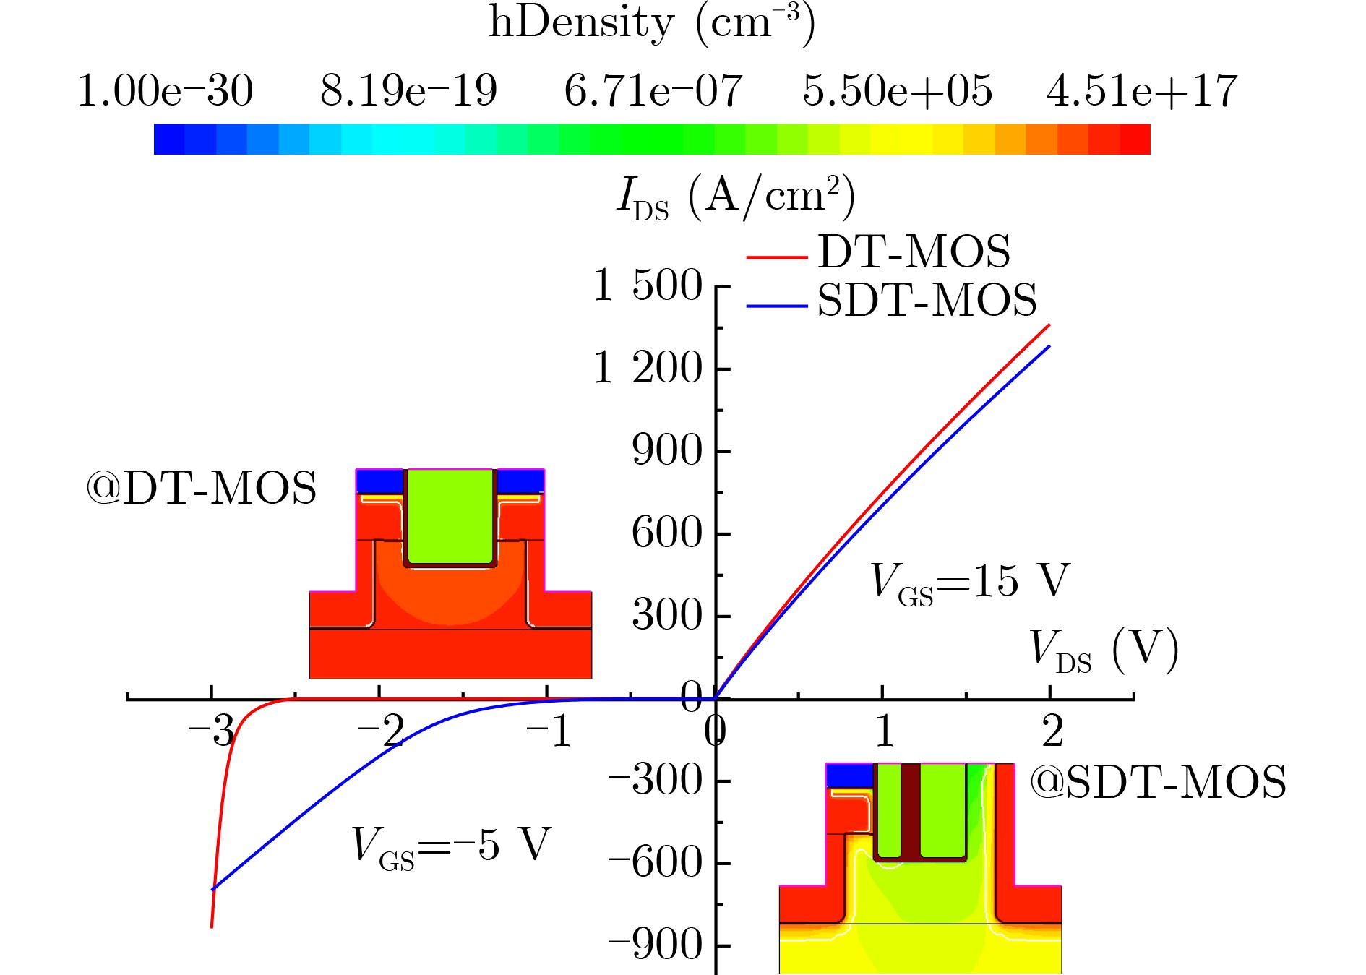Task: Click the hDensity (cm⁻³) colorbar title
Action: [652, 23]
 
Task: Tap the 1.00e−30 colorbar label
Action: [165, 91]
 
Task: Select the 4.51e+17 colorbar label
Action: [1142, 91]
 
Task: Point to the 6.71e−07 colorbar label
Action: [653, 91]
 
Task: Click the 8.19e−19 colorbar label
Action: [408, 91]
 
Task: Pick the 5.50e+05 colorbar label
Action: [897, 91]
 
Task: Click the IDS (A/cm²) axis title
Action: [735, 197]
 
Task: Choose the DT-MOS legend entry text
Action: [914, 252]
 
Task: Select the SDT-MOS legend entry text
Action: [927, 300]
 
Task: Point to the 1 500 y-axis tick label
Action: [647, 285]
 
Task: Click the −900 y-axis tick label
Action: [655, 945]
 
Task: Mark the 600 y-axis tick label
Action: [667, 533]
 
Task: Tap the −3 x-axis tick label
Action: [211, 731]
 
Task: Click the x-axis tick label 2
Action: [1052, 731]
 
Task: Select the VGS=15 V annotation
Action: [969, 581]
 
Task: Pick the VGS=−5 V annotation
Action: [451, 845]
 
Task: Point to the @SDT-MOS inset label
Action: [1157, 782]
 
